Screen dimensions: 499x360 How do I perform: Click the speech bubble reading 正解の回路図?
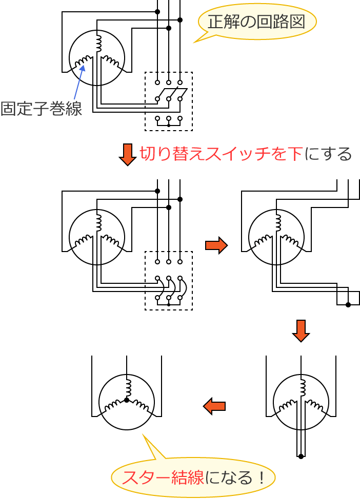click(x=256, y=22)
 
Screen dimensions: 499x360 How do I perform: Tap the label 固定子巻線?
click(x=41, y=109)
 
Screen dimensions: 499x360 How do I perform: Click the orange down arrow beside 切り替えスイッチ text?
click(x=127, y=154)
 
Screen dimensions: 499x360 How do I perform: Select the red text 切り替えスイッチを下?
click(x=221, y=154)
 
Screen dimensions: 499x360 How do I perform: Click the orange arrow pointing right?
click(x=216, y=245)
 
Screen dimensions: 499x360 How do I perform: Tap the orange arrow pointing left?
click(x=214, y=406)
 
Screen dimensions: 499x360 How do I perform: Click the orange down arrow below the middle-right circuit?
click(x=301, y=331)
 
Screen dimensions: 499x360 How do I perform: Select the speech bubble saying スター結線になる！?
click(x=193, y=476)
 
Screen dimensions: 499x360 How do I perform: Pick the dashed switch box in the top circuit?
click(x=169, y=101)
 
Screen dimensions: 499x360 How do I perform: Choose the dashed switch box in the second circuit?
click(x=169, y=280)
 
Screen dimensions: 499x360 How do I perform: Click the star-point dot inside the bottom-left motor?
click(x=127, y=400)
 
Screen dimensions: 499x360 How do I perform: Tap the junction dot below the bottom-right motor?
click(x=301, y=456)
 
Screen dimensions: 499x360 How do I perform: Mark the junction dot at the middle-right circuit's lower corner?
click(x=348, y=305)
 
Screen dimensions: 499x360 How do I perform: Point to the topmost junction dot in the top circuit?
click(x=157, y=11)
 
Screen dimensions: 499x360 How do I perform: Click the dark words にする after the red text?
click(x=328, y=154)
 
